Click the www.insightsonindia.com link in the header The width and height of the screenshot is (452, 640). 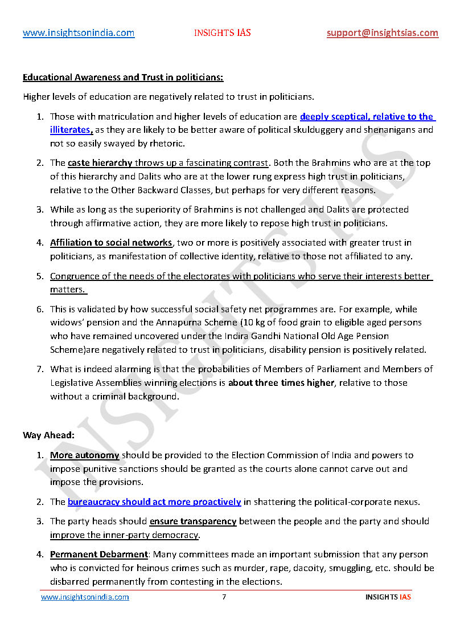(x=79, y=33)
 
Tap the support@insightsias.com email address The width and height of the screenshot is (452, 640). (x=383, y=33)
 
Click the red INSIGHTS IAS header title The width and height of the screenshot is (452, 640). (x=222, y=33)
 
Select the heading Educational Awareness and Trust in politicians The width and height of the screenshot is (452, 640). (x=123, y=77)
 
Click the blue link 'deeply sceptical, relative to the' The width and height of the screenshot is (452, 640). (x=367, y=117)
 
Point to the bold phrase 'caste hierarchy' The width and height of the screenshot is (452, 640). (x=100, y=163)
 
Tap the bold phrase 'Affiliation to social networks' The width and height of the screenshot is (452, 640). (x=111, y=243)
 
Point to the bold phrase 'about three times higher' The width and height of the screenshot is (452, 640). (x=281, y=383)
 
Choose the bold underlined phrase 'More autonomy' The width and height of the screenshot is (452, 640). (x=84, y=455)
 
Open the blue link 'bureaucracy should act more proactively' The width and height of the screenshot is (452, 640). (x=154, y=502)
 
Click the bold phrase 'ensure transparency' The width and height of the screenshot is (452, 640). (x=193, y=521)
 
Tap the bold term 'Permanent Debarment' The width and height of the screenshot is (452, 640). (x=99, y=555)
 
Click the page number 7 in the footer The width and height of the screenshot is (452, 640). (x=224, y=597)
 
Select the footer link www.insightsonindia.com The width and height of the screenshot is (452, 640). (x=85, y=597)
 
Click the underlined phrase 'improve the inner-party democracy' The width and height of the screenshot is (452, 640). (x=124, y=535)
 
